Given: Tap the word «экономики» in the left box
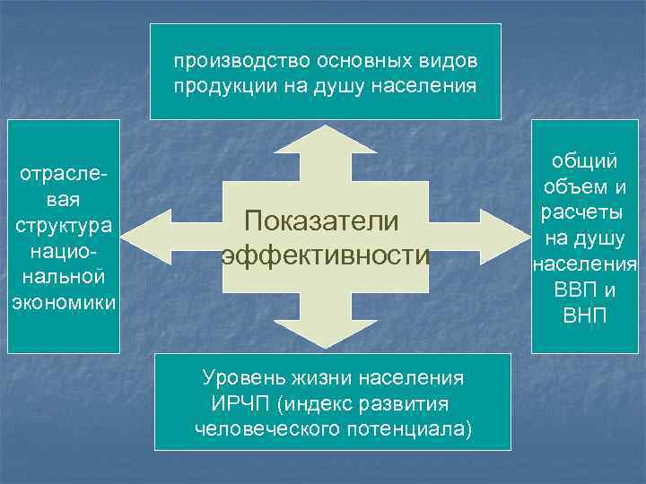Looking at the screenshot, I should tap(63, 301).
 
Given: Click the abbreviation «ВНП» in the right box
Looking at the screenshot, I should tap(585, 316).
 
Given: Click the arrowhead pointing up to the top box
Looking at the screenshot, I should tap(326, 134).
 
